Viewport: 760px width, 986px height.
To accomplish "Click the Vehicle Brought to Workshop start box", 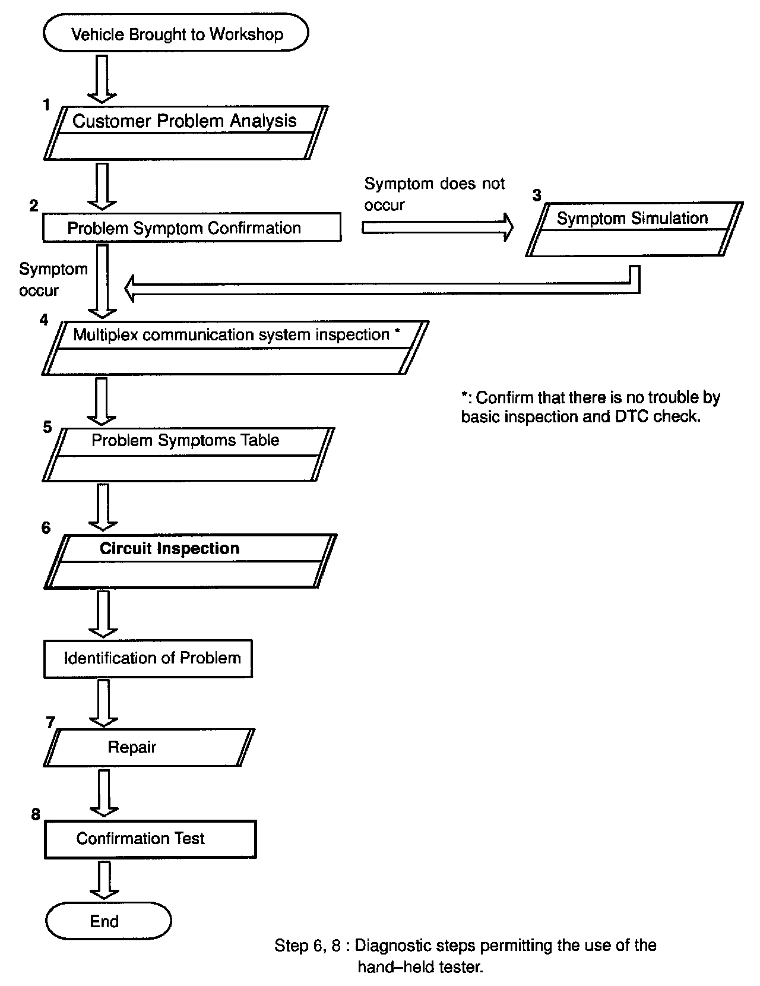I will [176, 34].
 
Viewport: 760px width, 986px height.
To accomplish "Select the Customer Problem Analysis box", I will [185, 132].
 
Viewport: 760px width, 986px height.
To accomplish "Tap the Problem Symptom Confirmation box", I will [191, 227].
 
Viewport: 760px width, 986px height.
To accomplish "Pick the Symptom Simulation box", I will [634, 229].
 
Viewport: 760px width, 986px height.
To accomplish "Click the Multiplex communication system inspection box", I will [235, 347].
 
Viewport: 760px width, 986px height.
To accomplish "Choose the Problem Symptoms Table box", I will [188, 454].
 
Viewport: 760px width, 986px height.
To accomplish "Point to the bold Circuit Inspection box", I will [190, 561].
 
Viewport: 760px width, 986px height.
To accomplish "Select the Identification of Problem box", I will [148, 658].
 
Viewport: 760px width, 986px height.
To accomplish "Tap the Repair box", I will [148, 747].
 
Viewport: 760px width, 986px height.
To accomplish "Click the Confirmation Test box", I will [150, 839].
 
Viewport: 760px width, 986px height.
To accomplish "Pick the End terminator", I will [109, 921].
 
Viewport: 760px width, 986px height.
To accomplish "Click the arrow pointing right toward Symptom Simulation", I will [437, 227].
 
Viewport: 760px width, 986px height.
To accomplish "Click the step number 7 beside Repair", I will [50, 722].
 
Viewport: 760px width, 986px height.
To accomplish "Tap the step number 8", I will [36, 814].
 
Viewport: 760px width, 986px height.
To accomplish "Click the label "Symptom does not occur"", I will [434, 194].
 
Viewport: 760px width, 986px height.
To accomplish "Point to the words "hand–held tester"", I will [420, 967].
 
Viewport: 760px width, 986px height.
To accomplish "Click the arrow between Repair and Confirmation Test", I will [104, 792].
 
